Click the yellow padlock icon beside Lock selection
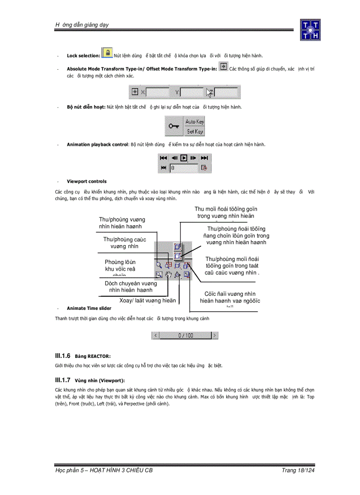pos(107,53)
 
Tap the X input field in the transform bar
pos(157,93)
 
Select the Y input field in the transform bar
pos(191,93)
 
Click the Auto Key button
pos(194,121)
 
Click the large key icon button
pos(174,127)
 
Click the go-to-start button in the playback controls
pos(163,158)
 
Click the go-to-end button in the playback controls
pos(204,158)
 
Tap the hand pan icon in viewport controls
pos(168,275)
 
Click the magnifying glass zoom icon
pos(159,266)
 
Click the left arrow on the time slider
pos(156,335)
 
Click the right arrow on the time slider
pos(214,335)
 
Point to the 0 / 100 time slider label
pos(185,335)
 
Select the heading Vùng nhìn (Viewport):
pos(100,380)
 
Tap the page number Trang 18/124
pos(298,470)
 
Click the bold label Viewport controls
pos(86,181)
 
